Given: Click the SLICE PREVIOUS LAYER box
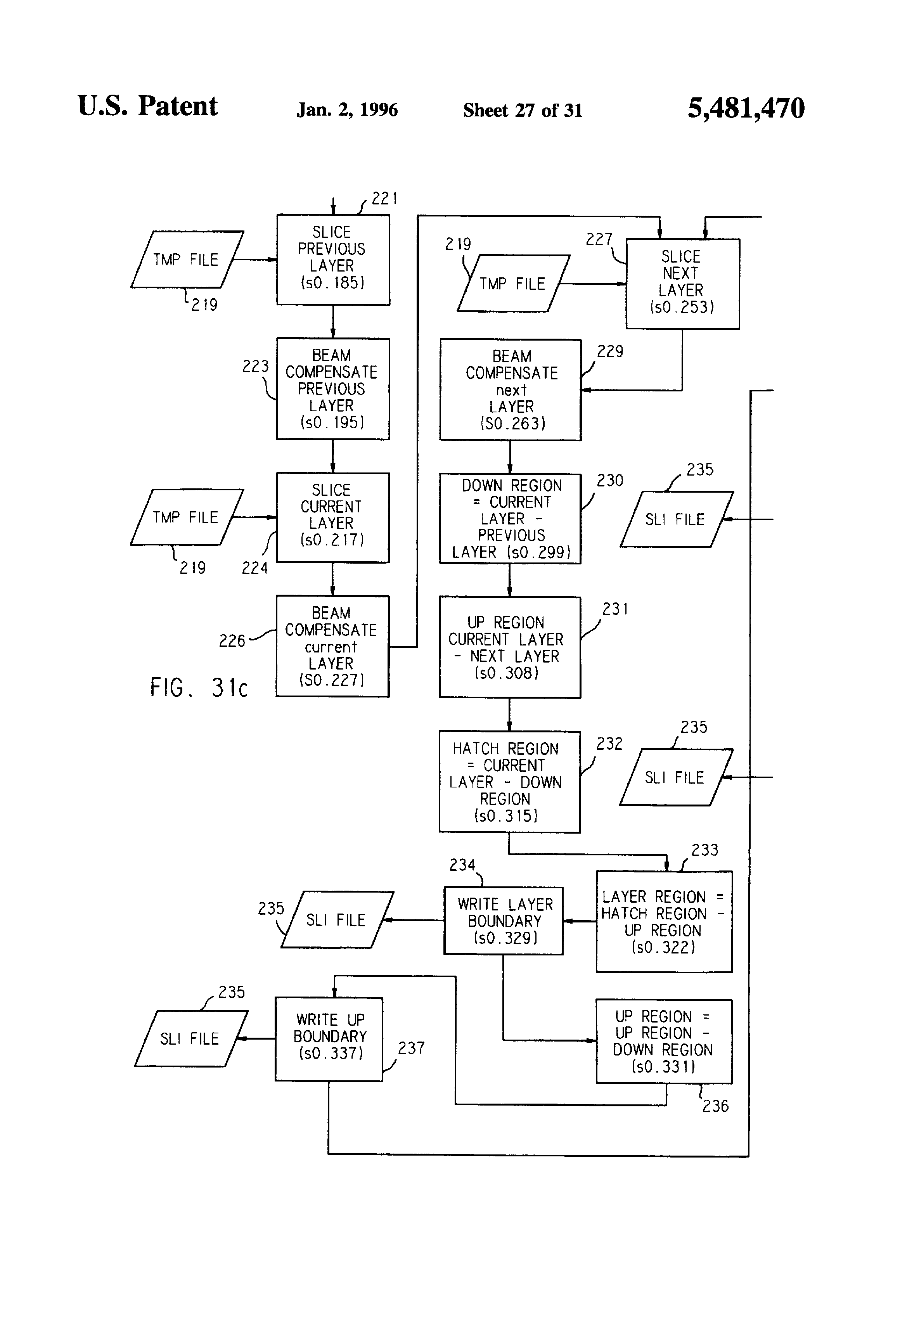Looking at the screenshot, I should coord(333,260).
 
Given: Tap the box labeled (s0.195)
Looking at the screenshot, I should coord(333,389).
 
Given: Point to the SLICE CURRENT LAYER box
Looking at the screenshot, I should coord(333,517).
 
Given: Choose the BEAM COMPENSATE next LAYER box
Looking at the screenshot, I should coord(510,390).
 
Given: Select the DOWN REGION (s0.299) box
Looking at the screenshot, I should coord(510,518).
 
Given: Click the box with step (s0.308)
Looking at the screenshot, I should coord(510,647).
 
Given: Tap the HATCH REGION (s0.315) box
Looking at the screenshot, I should coord(509,782).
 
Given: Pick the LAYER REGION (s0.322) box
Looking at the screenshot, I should coord(664,922).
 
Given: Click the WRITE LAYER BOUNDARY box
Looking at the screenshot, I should coord(504,921).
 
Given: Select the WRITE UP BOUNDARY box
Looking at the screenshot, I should coord(329,1039).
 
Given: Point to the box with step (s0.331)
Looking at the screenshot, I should coord(664,1041).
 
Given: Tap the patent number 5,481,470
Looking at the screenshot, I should coord(746,108).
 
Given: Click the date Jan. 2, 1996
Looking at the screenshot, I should coord(347,110).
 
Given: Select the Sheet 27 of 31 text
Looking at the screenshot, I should coord(522,110).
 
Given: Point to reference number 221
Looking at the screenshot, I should coord(384,199).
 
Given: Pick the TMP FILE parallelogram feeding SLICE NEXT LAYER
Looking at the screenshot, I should coord(513,283).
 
